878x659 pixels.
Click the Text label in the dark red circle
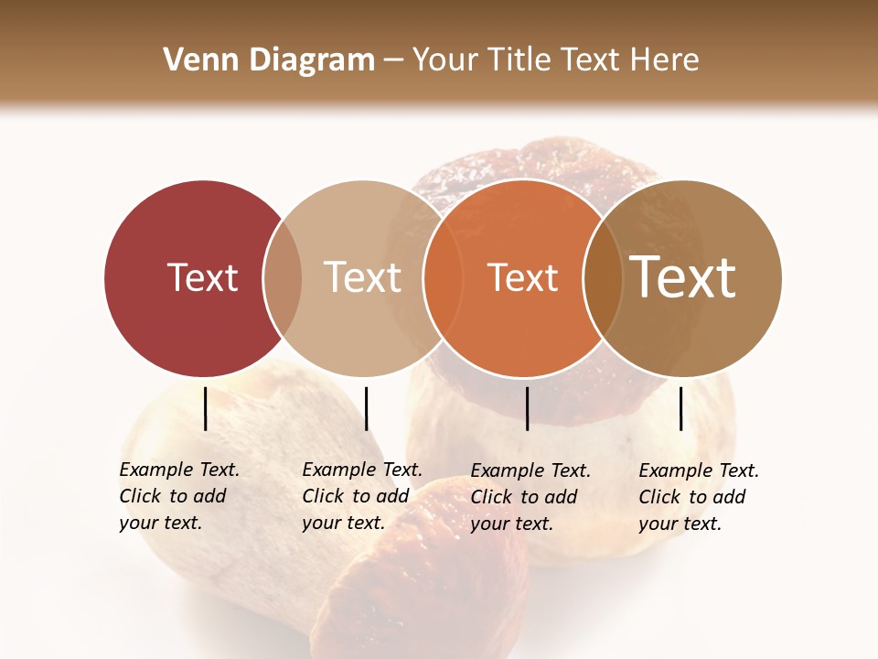click(202, 277)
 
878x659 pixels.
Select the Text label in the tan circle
click(362, 277)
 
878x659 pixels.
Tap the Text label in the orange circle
click(522, 278)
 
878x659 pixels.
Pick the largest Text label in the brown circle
click(683, 277)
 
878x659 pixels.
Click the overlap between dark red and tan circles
click(283, 278)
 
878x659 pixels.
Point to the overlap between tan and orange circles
click(443, 278)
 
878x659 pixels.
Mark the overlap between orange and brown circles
click(603, 278)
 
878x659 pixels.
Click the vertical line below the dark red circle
click(205, 408)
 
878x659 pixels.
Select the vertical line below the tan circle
click(366, 408)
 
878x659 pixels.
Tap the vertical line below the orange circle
click(527, 408)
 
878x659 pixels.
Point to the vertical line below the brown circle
click(681, 408)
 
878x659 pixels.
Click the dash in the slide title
click(393, 61)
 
